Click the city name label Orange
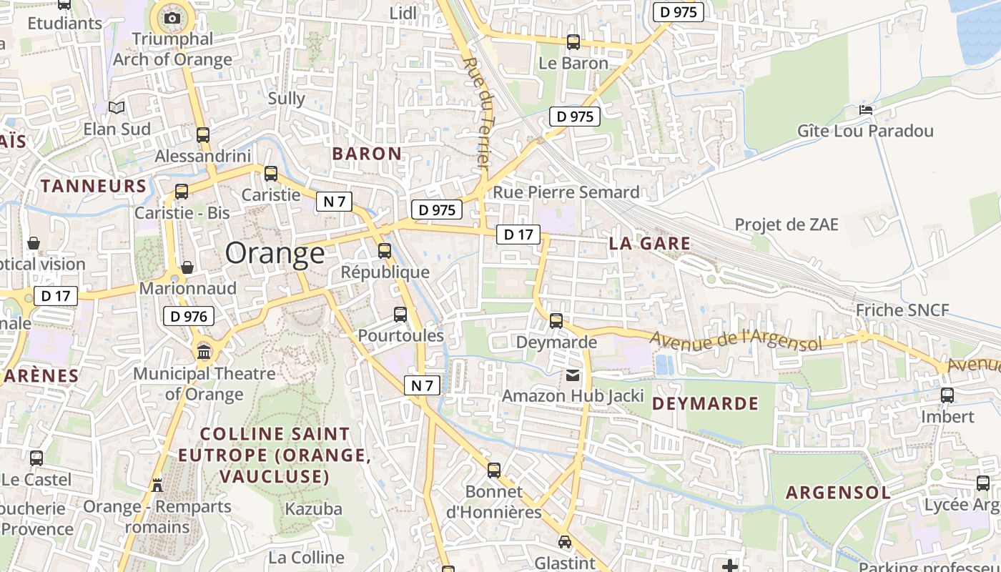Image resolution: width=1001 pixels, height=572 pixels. point(275,253)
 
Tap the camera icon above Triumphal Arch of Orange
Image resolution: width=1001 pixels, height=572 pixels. point(172,18)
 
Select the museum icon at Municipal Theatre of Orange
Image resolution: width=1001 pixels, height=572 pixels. point(204,352)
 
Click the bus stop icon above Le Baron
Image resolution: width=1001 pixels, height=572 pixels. point(573,42)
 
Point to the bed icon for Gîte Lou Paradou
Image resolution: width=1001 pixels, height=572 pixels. point(866,110)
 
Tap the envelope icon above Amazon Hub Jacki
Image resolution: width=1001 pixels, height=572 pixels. point(573,375)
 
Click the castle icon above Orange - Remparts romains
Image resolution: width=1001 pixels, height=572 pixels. point(157,485)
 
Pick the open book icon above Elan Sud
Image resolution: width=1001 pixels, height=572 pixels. point(117,108)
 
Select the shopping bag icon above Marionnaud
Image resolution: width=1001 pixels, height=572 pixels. point(187,267)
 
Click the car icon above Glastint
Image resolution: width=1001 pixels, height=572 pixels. point(565,542)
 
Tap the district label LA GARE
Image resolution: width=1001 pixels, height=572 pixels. point(650,243)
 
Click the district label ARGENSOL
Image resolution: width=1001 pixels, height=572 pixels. point(838,492)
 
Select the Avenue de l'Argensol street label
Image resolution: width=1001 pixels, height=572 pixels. point(736,340)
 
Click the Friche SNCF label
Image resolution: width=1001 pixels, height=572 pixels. point(902,310)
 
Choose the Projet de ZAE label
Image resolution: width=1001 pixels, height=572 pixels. point(786,225)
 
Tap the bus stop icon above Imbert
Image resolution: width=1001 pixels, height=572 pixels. point(947,395)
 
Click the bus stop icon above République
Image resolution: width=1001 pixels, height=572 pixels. point(385,251)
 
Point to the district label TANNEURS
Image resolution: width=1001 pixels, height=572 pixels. point(94,186)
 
